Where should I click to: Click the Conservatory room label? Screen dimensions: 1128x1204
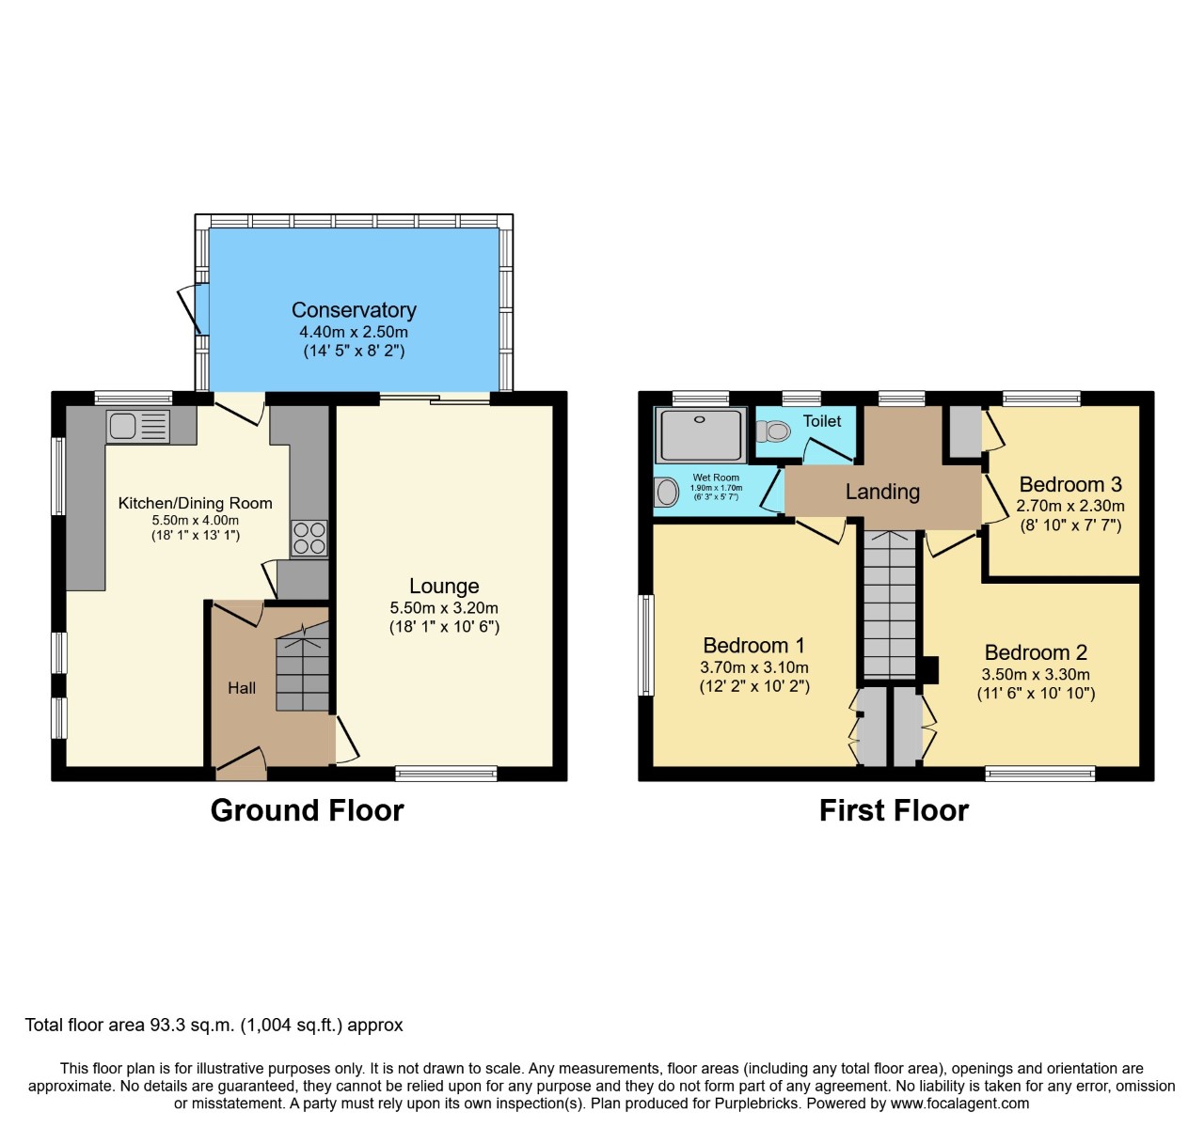tap(354, 310)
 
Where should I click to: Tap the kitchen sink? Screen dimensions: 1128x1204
tap(137, 427)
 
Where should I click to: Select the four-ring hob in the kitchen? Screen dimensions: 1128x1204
tap(309, 538)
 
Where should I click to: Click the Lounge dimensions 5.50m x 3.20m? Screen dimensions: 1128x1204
tap(444, 608)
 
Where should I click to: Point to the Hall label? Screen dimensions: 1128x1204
tap(242, 688)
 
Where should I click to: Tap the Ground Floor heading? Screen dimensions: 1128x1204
tap(307, 810)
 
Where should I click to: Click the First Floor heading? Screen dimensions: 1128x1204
tap(894, 810)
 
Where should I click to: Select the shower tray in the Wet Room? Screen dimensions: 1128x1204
tap(700, 434)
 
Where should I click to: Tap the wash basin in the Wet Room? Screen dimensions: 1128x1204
tap(667, 492)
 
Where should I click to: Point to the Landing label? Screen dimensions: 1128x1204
tap(882, 492)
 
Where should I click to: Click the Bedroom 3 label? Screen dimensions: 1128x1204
tap(1070, 485)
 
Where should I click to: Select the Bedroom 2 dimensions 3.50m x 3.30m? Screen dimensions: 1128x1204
tap(1036, 674)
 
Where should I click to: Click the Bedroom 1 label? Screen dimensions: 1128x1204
tap(753, 646)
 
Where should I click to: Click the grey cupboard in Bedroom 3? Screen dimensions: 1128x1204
tap(963, 431)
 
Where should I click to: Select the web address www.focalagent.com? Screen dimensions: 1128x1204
tap(959, 1104)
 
